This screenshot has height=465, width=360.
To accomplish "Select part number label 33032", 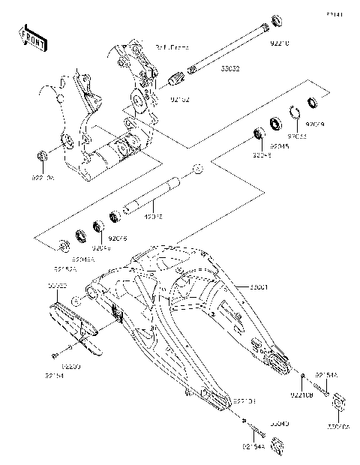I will (208, 89).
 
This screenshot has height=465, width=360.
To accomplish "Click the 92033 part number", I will (300, 137).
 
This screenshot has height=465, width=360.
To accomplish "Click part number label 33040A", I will (338, 427).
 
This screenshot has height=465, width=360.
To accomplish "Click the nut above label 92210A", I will (43, 156).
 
